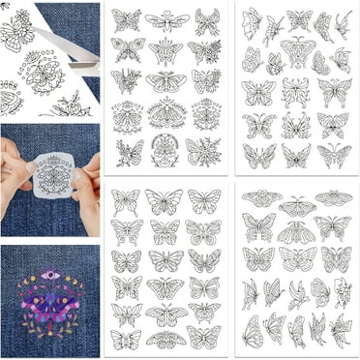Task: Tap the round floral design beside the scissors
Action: click(44, 69)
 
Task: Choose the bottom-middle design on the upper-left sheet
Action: click(165, 152)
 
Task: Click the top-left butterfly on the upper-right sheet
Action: click(252, 21)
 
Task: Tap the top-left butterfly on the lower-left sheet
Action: click(125, 201)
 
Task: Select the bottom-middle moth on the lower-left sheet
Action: click(165, 340)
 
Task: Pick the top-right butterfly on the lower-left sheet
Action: click(205, 201)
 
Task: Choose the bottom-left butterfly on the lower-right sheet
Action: click(254, 331)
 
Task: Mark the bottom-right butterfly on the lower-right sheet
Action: click(339, 333)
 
